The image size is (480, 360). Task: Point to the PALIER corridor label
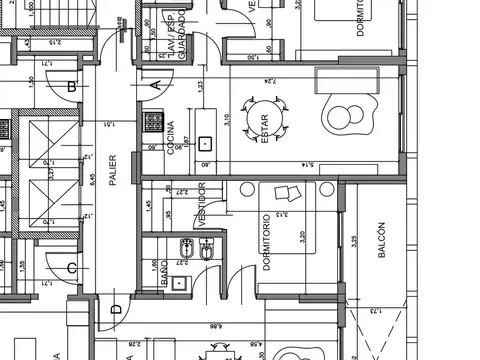tap(113, 169)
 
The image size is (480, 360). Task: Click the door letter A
tap(156, 86)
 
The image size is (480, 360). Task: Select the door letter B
tap(71, 87)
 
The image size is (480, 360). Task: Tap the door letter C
tap(71, 268)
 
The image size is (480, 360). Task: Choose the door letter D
tap(116, 309)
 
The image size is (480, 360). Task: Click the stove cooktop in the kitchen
tap(155, 123)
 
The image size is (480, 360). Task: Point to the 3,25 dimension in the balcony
tap(355, 243)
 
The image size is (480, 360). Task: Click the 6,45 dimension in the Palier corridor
tap(92, 181)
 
